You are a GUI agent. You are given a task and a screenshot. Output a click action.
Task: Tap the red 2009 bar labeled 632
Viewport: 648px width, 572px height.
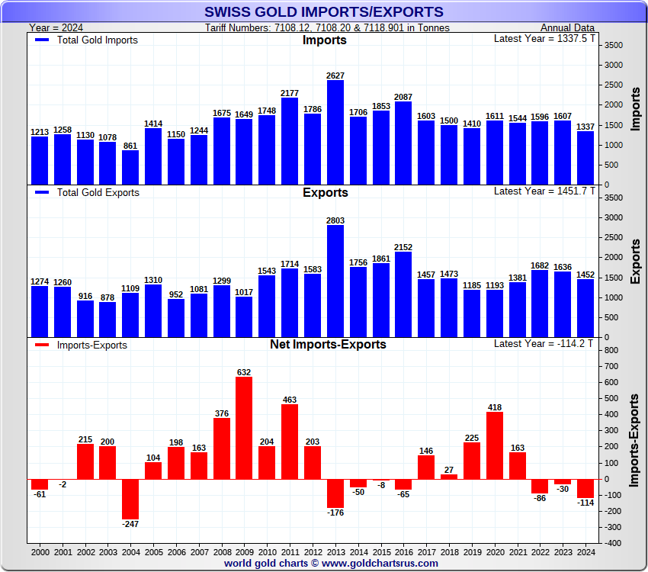click(x=244, y=428)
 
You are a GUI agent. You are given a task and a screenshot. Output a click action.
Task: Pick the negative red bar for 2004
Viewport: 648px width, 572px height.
click(x=130, y=499)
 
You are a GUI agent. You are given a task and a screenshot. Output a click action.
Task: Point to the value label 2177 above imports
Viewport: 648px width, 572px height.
click(x=290, y=93)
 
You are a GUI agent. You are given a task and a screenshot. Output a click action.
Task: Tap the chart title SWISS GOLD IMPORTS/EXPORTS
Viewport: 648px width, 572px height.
click(x=324, y=12)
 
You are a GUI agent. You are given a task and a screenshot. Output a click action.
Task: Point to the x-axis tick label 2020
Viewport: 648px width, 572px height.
click(x=494, y=551)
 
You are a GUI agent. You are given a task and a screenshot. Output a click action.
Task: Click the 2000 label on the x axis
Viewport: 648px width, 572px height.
click(x=40, y=551)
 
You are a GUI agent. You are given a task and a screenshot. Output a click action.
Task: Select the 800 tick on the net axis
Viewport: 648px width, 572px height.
click(x=610, y=350)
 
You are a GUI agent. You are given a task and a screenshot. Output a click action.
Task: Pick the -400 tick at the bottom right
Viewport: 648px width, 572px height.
click(x=610, y=543)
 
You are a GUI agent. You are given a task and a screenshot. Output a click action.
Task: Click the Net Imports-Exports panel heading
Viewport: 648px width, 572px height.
click(x=328, y=344)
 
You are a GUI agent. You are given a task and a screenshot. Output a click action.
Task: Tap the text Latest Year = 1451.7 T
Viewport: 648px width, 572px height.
click(x=542, y=191)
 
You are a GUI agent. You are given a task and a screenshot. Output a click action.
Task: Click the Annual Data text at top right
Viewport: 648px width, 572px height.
click(x=567, y=27)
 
